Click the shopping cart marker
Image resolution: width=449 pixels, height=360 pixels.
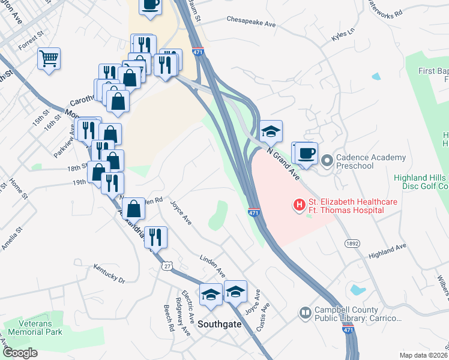click(49, 59)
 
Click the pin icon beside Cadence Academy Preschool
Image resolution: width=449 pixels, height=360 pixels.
click(327, 161)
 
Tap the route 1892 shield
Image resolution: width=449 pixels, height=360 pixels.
click(352, 244)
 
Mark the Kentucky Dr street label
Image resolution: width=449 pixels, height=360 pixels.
click(109, 276)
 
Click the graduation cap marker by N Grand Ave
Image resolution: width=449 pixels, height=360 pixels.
click(271, 131)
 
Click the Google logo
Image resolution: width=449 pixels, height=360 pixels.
click(21, 353)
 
